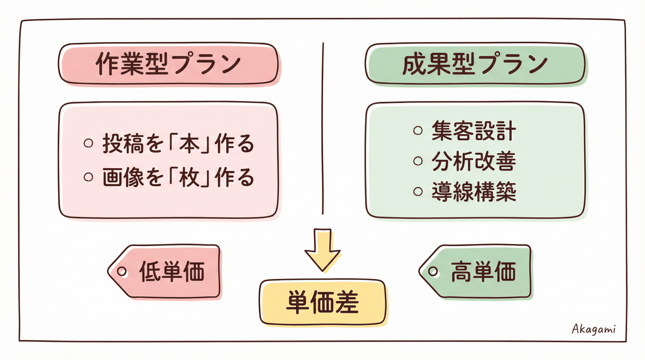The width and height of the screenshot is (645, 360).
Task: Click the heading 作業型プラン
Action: click(x=168, y=64)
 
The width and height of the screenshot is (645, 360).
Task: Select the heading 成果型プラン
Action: click(x=475, y=64)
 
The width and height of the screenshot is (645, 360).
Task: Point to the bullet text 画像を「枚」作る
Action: click(x=177, y=178)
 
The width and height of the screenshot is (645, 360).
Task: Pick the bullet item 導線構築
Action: click(x=473, y=192)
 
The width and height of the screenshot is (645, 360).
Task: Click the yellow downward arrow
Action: click(x=322, y=250)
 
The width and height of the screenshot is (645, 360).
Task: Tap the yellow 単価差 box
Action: click(x=322, y=303)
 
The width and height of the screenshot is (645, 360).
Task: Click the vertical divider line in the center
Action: click(x=323, y=129)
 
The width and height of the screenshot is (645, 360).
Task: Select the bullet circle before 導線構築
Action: click(x=418, y=192)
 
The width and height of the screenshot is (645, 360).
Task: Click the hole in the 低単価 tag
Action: click(x=122, y=271)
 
